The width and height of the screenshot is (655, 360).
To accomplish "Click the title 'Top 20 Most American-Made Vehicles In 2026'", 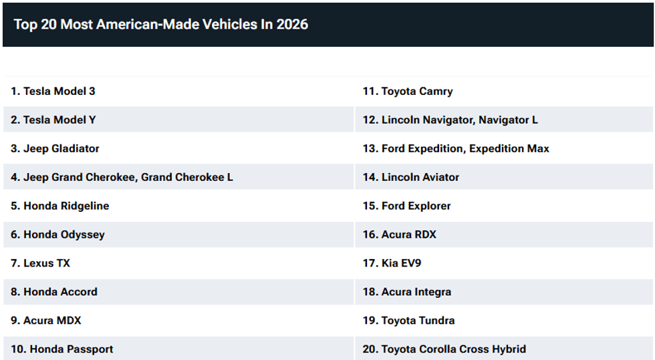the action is click(161, 24).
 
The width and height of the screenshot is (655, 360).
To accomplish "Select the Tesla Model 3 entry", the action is click(53, 91).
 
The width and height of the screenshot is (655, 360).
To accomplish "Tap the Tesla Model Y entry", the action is click(53, 120).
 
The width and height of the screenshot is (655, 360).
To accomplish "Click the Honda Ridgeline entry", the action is click(59, 206).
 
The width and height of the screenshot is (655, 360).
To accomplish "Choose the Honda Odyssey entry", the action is click(57, 234).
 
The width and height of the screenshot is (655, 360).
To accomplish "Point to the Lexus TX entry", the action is click(41, 263).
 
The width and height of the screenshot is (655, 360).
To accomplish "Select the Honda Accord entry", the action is click(54, 292).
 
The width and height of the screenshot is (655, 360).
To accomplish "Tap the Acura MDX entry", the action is click(46, 321).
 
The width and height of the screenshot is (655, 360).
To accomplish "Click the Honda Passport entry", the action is click(61, 349).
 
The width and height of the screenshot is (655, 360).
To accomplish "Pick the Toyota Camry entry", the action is click(408, 92).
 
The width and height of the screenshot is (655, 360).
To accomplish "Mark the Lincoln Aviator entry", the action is click(410, 177).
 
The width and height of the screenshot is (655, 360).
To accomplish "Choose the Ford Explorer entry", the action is click(406, 206).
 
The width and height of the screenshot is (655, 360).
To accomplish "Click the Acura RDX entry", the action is click(400, 234).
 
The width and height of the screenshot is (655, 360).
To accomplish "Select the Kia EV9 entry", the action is click(392, 263).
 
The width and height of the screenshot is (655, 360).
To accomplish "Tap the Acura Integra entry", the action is click(407, 292).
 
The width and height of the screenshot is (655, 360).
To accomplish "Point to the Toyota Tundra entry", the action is click(408, 321).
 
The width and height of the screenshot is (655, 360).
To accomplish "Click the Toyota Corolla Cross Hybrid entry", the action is click(444, 349).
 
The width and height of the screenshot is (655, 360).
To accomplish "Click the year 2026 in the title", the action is click(293, 24).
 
